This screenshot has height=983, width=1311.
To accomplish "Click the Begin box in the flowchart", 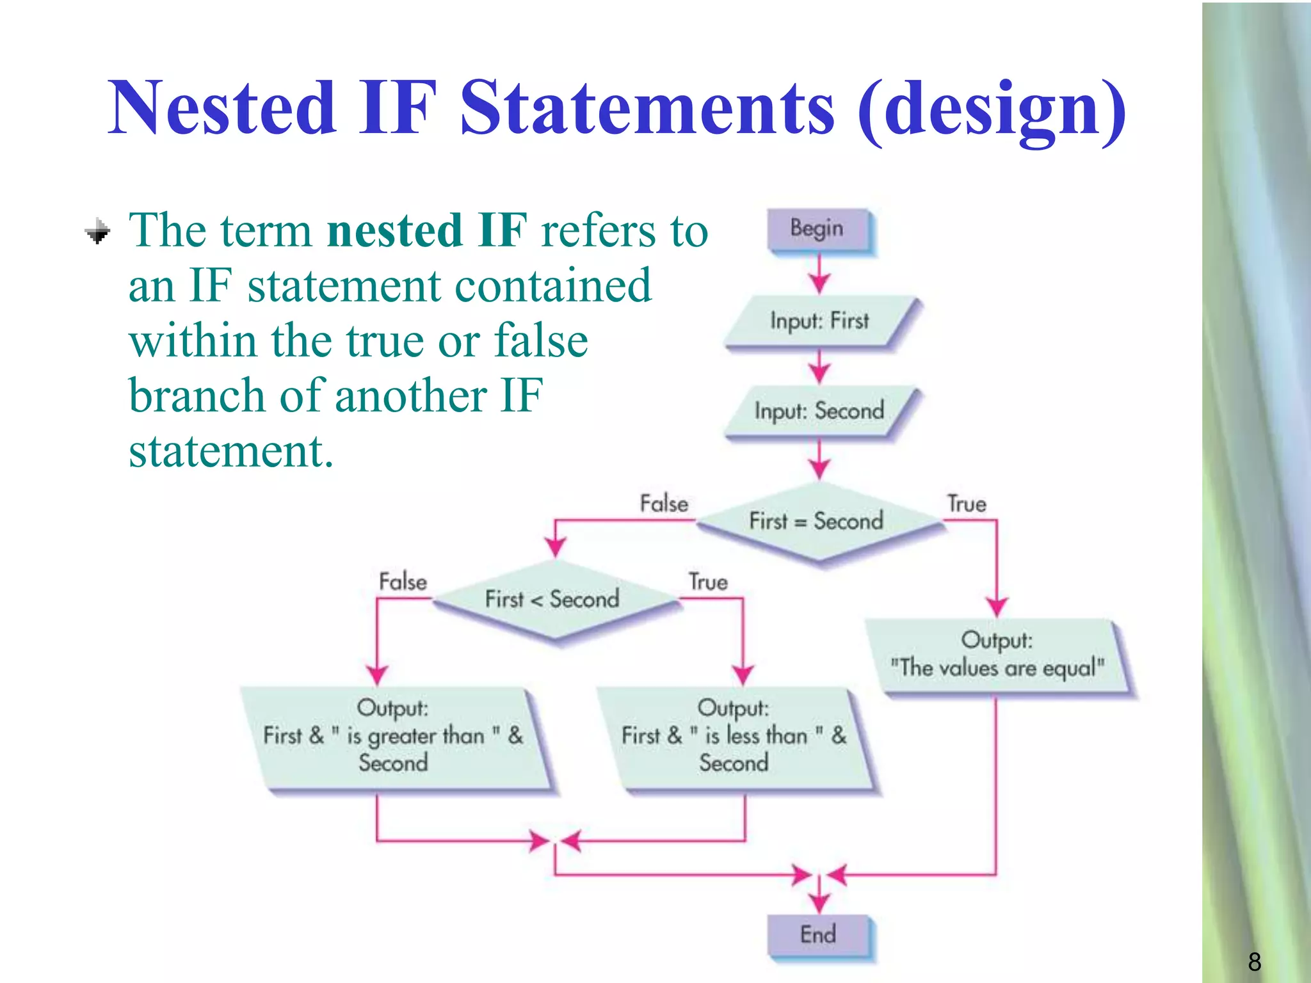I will click(x=818, y=229).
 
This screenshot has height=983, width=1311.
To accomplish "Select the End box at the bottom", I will click(x=818, y=935).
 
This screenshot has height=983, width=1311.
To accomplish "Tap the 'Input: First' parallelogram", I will click(x=820, y=321).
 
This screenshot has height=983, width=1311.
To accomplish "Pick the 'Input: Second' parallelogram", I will click(x=820, y=411).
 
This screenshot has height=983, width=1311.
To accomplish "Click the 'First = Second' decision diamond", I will click(x=817, y=522).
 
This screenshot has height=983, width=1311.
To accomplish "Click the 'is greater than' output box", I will click(x=393, y=737).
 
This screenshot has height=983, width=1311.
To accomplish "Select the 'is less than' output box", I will click(x=734, y=737).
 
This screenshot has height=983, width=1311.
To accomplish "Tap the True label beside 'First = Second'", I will click(x=967, y=504).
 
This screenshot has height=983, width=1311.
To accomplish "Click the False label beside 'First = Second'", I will click(x=664, y=504).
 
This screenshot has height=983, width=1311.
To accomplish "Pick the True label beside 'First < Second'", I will click(x=708, y=582).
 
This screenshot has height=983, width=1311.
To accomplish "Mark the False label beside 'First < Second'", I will click(x=403, y=582).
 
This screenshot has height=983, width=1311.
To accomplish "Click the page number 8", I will click(x=1254, y=962).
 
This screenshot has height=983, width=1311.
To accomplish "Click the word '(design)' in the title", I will click(x=992, y=110).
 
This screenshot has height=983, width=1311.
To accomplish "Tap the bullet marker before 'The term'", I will click(x=98, y=231).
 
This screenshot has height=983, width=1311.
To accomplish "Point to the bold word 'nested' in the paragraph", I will click(x=394, y=230).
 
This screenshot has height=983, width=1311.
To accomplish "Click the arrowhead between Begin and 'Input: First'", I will click(x=819, y=282).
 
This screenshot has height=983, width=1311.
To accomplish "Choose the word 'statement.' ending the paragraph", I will click(x=231, y=452).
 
